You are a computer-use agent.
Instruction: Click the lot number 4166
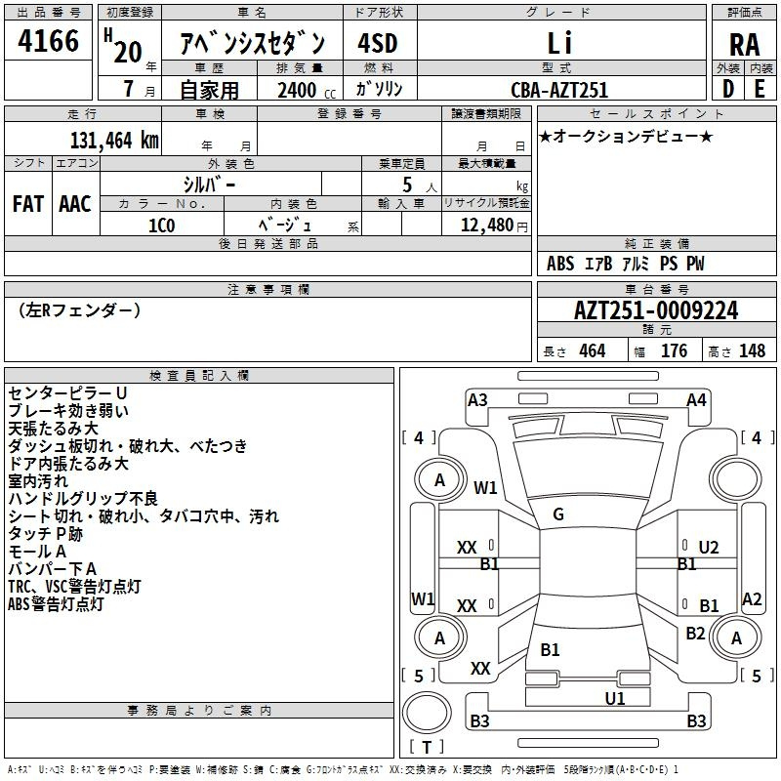point(48,40)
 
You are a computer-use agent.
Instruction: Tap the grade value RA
point(744,45)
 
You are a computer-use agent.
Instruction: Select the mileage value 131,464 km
point(114,141)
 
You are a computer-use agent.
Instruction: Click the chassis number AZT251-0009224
point(656,310)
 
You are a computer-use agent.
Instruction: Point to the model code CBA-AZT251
point(559,90)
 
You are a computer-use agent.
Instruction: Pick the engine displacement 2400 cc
point(307,90)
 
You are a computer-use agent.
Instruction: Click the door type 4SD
point(378,43)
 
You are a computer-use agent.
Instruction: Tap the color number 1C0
point(161,226)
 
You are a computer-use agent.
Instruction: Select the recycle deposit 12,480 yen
point(494,226)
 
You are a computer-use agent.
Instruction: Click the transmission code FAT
point(28,204)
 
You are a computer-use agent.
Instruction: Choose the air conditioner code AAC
point(75,204)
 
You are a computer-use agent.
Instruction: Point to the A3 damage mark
point(477,400)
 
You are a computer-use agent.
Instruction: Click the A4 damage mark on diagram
point(696,400)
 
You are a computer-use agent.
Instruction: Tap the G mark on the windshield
point(558,514)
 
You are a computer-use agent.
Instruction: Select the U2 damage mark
point(709,548)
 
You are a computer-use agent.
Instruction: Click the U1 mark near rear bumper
point(615,698)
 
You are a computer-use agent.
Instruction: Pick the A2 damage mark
point(752,598)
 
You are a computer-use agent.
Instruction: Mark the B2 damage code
point(695,633)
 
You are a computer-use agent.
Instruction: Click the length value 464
point(593,350)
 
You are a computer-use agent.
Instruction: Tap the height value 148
point(752,350)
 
